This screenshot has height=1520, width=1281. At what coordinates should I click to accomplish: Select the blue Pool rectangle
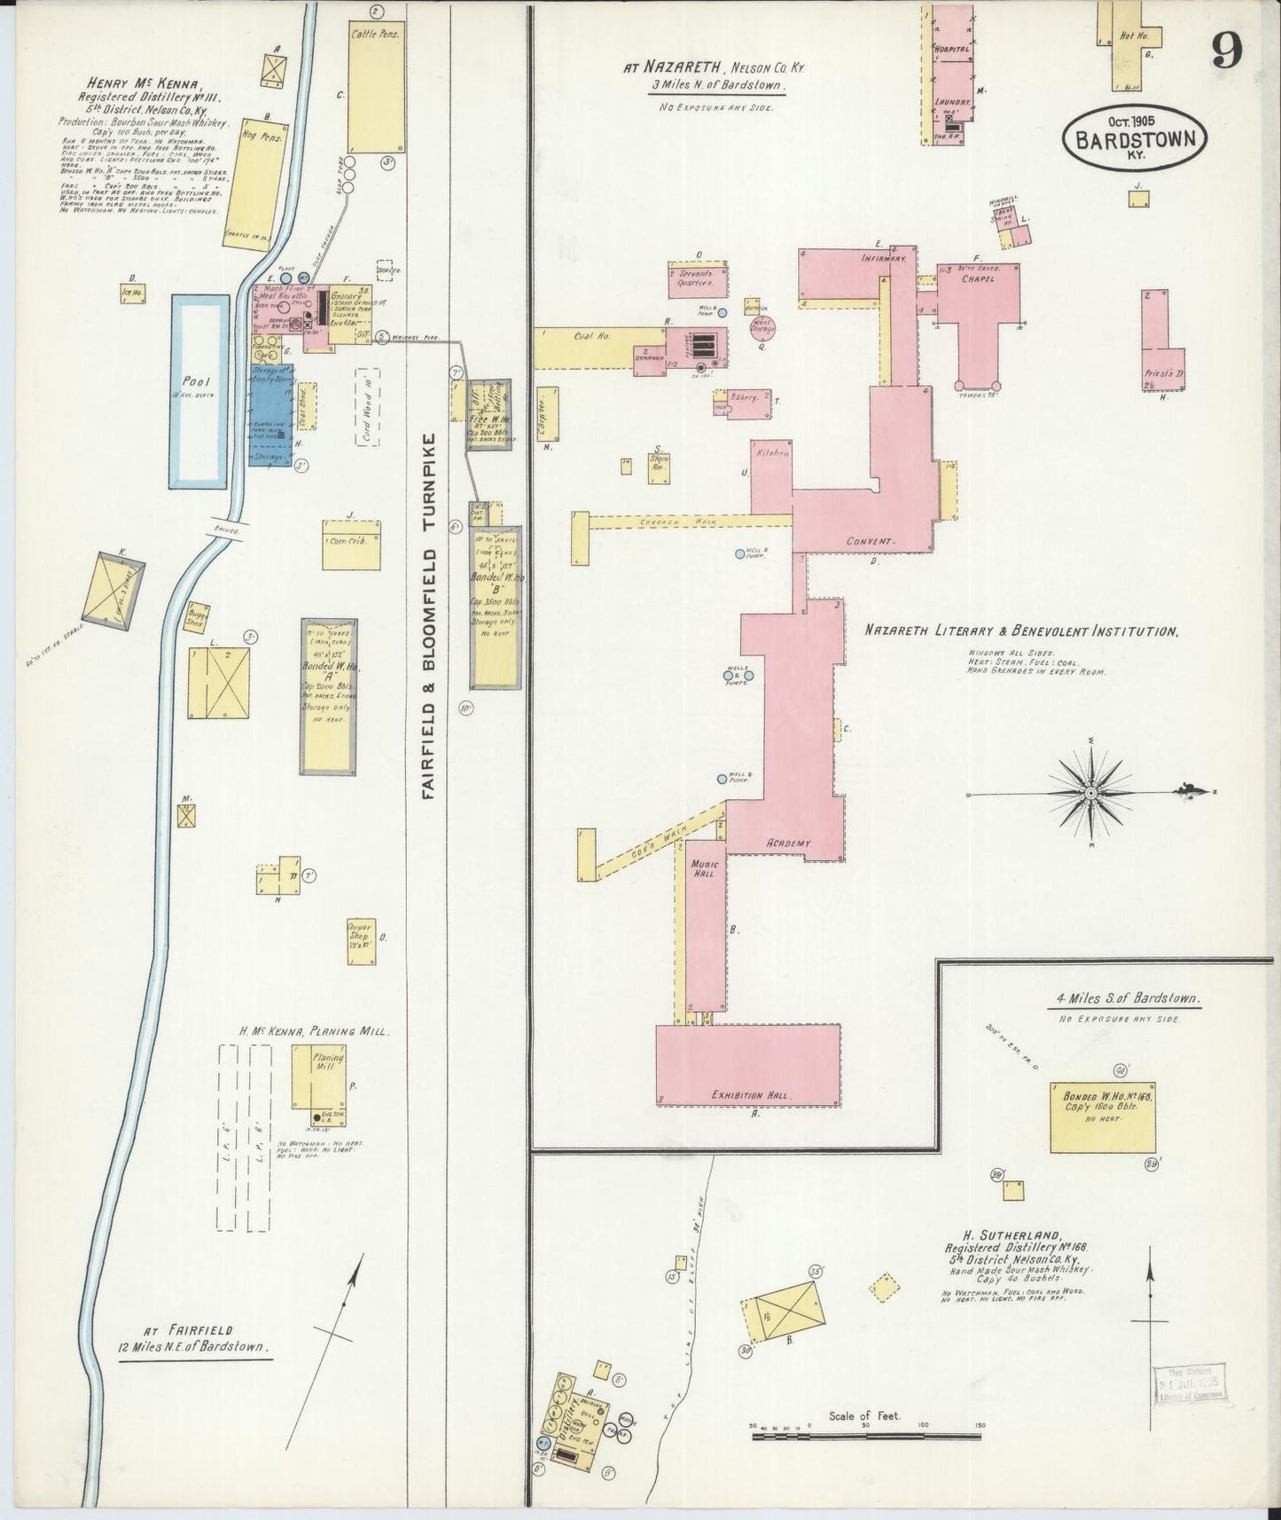(x=200, y=391)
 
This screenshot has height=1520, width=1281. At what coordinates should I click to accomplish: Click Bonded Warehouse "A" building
(x=328, y=696)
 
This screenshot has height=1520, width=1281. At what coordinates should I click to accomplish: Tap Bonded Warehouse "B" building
(x=496, y=607)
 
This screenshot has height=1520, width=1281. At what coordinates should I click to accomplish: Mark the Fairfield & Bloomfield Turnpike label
(x=431, y=616)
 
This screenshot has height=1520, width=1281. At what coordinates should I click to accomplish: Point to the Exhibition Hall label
(x=750, y=1096)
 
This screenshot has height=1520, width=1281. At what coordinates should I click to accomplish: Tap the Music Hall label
(x=707, y=868)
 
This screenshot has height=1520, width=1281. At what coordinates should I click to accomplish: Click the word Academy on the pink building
(x=788, y=843)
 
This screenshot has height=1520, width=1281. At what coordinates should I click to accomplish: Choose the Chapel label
(x=976, y=278)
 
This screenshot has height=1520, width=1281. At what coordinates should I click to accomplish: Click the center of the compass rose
(x=1089, y=792)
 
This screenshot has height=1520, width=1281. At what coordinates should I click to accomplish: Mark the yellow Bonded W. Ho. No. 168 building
(x=1103, y=1116)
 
